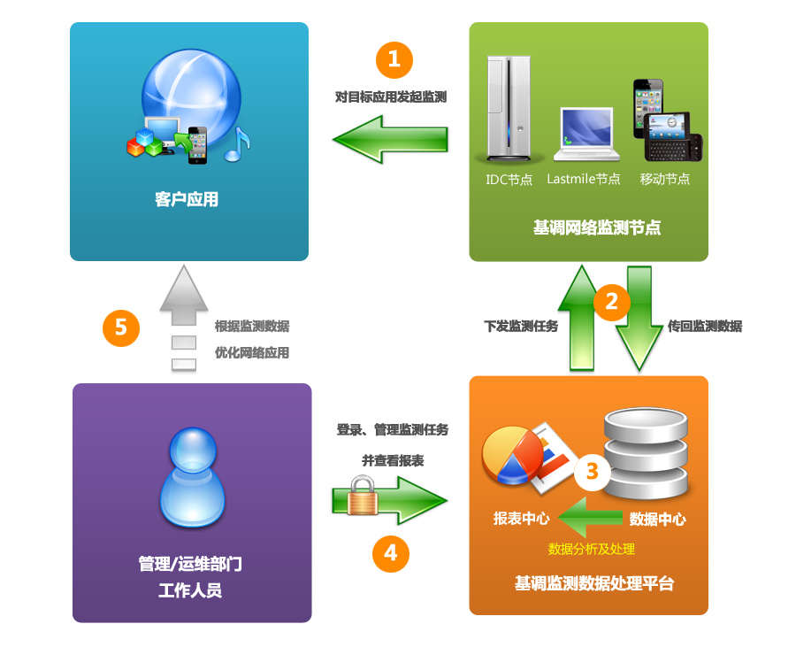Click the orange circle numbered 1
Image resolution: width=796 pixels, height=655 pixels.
point(394,59)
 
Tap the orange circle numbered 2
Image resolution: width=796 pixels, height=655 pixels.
point(611,301)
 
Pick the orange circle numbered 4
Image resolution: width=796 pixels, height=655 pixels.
point(391,554)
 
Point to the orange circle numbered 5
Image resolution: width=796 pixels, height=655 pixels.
point(121,327)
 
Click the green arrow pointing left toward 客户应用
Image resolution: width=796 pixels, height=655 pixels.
point(390,140)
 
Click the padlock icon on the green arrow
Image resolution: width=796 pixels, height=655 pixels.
point(363,497)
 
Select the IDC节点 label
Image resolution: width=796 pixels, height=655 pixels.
point(509,179)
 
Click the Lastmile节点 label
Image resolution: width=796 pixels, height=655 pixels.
point(584,179)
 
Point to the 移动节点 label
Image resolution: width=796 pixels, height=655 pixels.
point(665,179)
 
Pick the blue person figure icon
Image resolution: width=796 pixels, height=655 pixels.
point(191,478)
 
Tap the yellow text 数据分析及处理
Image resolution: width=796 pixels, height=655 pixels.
point(592,549)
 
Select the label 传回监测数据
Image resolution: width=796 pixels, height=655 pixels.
point(705,326)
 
